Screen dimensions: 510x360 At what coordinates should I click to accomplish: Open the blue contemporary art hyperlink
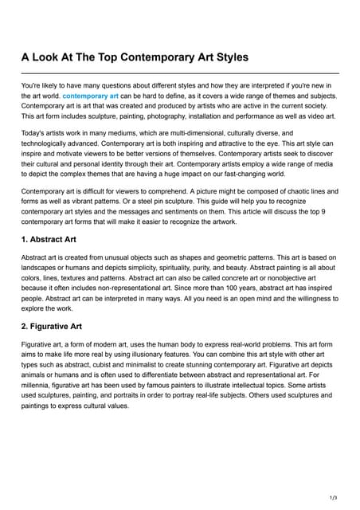click(90, 96)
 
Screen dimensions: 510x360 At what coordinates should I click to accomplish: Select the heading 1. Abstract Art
click(53, 240)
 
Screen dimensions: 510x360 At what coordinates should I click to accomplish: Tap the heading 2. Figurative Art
click(57, 327)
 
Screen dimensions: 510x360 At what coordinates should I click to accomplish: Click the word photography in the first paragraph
click(188, 116)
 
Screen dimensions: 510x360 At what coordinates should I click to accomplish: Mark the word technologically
click(53, 143)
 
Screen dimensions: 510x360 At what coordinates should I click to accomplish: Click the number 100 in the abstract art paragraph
click(219, 288)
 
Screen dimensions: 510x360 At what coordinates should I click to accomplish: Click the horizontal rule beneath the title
click(180, 73)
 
